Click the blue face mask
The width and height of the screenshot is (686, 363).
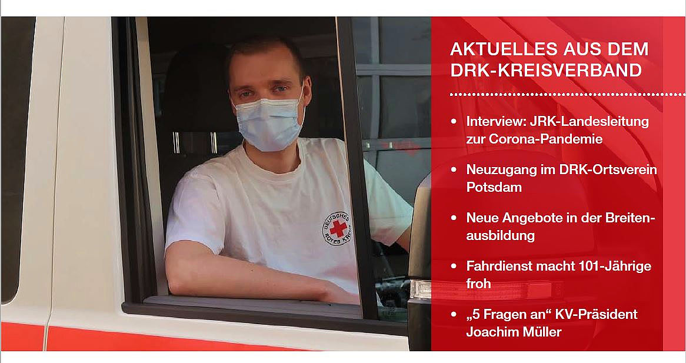tap(268, 124)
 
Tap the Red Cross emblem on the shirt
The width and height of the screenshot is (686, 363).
tap(338, 228)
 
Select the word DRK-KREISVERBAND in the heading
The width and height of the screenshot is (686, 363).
tap(546, 71)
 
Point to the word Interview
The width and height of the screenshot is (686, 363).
tap(496, 121)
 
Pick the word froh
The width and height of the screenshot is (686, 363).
tap(478, 284)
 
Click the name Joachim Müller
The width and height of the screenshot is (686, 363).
tap(514, 332)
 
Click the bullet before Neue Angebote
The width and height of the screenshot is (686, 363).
tap(455, 218)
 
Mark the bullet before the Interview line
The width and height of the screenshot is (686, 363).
tap(455, 121)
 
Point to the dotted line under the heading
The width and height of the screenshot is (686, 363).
tap(568, 95)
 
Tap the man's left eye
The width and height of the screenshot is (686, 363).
tap(281, 89)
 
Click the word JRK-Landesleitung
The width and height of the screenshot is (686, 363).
tap(590, 121)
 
